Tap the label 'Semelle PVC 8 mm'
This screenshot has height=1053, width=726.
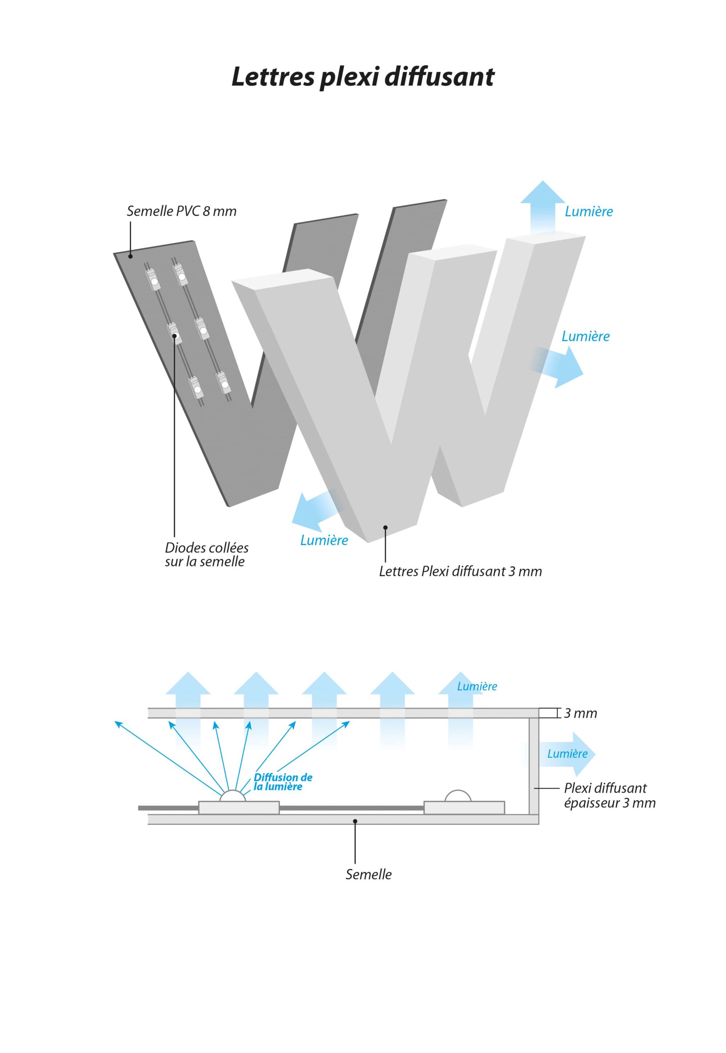coord(182,211)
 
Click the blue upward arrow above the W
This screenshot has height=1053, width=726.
coord(542,205)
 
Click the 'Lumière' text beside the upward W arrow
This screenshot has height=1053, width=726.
coord(589,211)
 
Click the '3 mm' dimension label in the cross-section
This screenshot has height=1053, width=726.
coord(580,714)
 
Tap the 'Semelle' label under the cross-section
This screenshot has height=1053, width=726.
coord(368,874)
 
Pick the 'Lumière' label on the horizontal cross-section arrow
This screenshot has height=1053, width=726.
coord(567,754)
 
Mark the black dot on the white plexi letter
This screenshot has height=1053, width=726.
coord(385,527)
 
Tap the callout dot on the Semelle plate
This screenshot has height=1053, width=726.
coord(355,821)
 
